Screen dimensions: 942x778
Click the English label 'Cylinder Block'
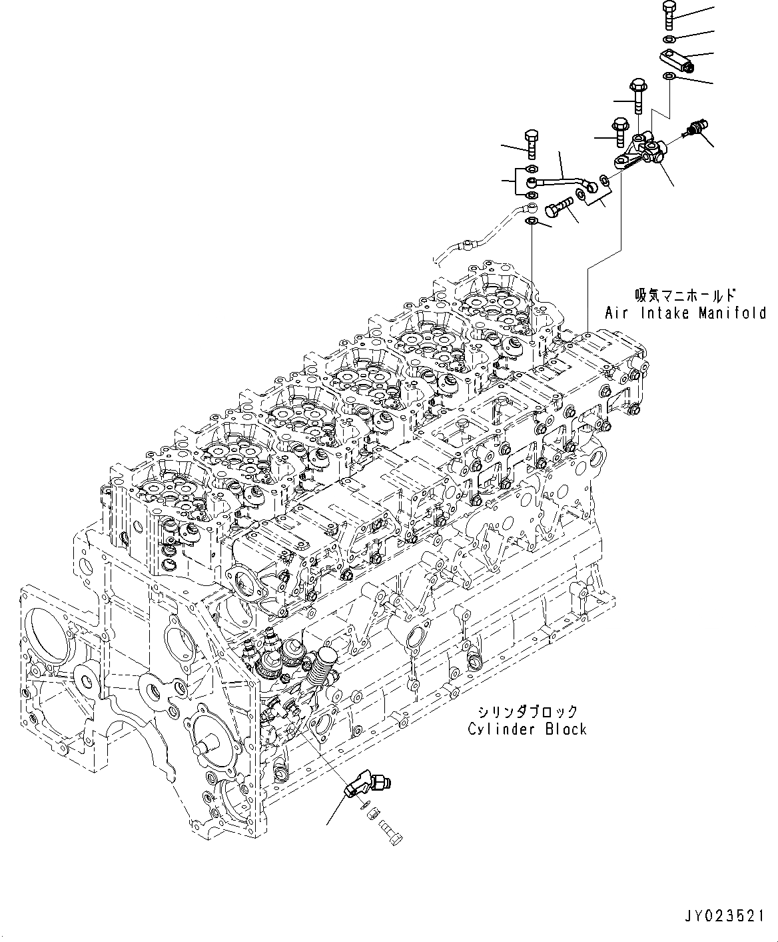[527, 729]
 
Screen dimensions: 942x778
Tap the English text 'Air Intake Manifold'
[685, 312]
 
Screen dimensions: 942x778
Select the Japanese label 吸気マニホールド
[685, 294]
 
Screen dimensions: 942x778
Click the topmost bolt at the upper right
[670, 14]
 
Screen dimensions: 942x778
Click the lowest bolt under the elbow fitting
[390, 832]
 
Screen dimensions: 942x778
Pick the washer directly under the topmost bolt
[671, 36]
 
